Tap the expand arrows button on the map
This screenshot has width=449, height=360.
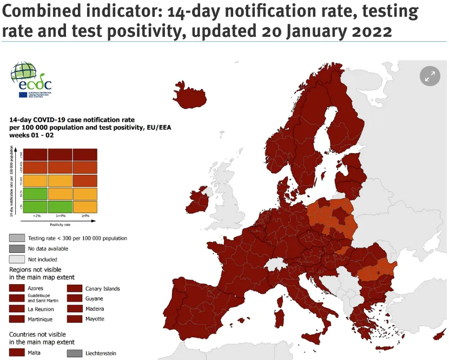(430, 77)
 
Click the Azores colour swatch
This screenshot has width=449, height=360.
(17, 289)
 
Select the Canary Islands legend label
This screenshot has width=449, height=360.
(102, 289)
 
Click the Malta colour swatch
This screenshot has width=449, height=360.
(17, 353)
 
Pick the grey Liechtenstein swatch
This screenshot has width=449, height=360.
(74, 353)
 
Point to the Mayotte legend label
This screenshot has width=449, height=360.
(95, 319)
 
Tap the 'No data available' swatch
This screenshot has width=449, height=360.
(17, 248)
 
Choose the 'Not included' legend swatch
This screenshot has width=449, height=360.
(17, 259)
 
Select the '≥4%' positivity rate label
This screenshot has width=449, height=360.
(84, 216)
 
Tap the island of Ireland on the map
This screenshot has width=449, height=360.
(198, 200)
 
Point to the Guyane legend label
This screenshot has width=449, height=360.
(94, 298)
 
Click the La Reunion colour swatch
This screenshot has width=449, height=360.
(17, 309)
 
